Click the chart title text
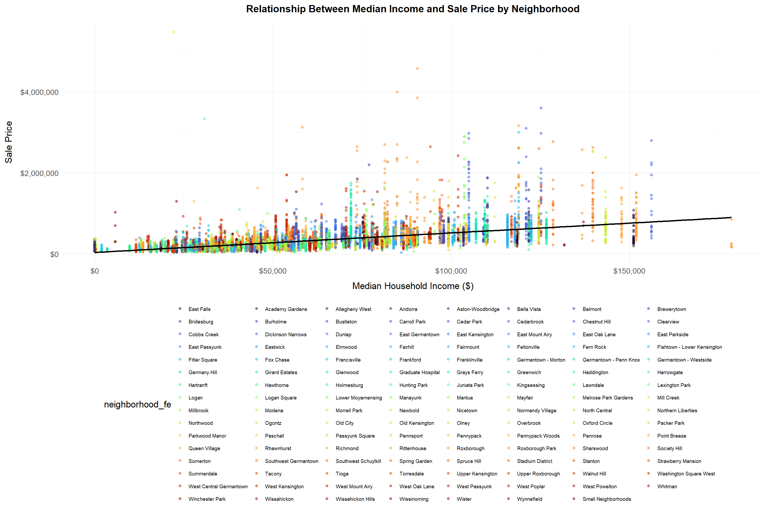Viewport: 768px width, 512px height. tap(413, 9)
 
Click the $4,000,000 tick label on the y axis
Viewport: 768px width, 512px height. tap(39, 93)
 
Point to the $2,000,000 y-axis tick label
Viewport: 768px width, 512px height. tap(39, 173)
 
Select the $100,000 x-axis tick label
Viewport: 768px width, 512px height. tap(451, 271)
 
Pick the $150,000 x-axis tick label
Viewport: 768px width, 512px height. tap(629, 271)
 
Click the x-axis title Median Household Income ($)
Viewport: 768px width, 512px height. tap(413, 286)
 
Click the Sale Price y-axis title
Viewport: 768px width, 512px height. tap(9, 142)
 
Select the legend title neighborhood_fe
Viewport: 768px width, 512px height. tap(138, 404)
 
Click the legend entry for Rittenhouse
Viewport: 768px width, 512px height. tap(413, 448)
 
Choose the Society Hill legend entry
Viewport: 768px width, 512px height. tap(669, 448)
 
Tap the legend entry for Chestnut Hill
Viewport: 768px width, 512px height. tap(596, 322)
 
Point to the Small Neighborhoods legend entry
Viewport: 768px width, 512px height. tap(606, 499)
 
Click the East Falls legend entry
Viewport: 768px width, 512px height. tap(199, 309)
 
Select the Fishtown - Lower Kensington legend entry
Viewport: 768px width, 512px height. tap(689, 347)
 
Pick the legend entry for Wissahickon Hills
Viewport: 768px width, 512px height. tap(355, 499)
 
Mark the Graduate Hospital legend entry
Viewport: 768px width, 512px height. tap(419, 372)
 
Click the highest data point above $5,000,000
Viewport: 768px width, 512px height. tap(174, 32)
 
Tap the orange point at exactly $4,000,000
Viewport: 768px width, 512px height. tap(397, 92)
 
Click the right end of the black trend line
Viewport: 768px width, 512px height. tap(731, 218)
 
